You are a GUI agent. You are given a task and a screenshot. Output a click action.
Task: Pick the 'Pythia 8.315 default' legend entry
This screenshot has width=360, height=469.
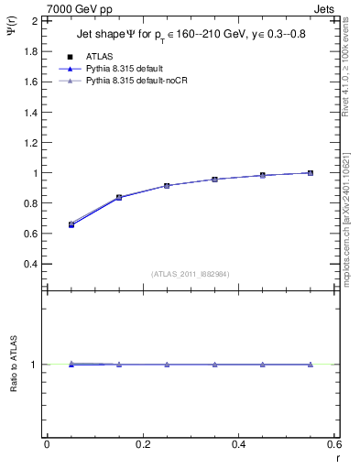(x=133, y=69)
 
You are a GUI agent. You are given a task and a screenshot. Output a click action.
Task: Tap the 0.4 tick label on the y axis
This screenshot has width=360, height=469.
(x=29, y=264)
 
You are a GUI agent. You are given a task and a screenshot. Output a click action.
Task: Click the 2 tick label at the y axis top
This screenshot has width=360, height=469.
(x=34, y=20)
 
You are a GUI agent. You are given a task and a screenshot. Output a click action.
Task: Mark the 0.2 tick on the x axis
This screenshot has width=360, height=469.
(x=142, y=444)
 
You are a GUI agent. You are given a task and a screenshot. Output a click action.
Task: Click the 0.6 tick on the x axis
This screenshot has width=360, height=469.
(x=333, y=444)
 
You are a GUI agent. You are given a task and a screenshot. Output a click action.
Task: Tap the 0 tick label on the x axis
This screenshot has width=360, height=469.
(x=47, y=444)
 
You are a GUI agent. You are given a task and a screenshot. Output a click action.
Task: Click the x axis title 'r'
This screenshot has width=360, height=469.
(x=336, y=459)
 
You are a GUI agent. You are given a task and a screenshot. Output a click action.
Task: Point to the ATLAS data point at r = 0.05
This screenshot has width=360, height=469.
(x=71, y=224)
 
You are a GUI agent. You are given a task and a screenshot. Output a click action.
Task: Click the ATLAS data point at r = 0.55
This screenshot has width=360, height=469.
(x=311, y=173)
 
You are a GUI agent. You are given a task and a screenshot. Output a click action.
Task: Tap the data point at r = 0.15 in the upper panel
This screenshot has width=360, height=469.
(x=119, y=197)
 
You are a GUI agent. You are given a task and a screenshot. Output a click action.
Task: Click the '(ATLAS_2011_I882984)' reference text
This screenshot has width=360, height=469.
(x=191, y=273)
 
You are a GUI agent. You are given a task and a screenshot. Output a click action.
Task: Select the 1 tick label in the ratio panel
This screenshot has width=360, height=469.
(x=34, y=365)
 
